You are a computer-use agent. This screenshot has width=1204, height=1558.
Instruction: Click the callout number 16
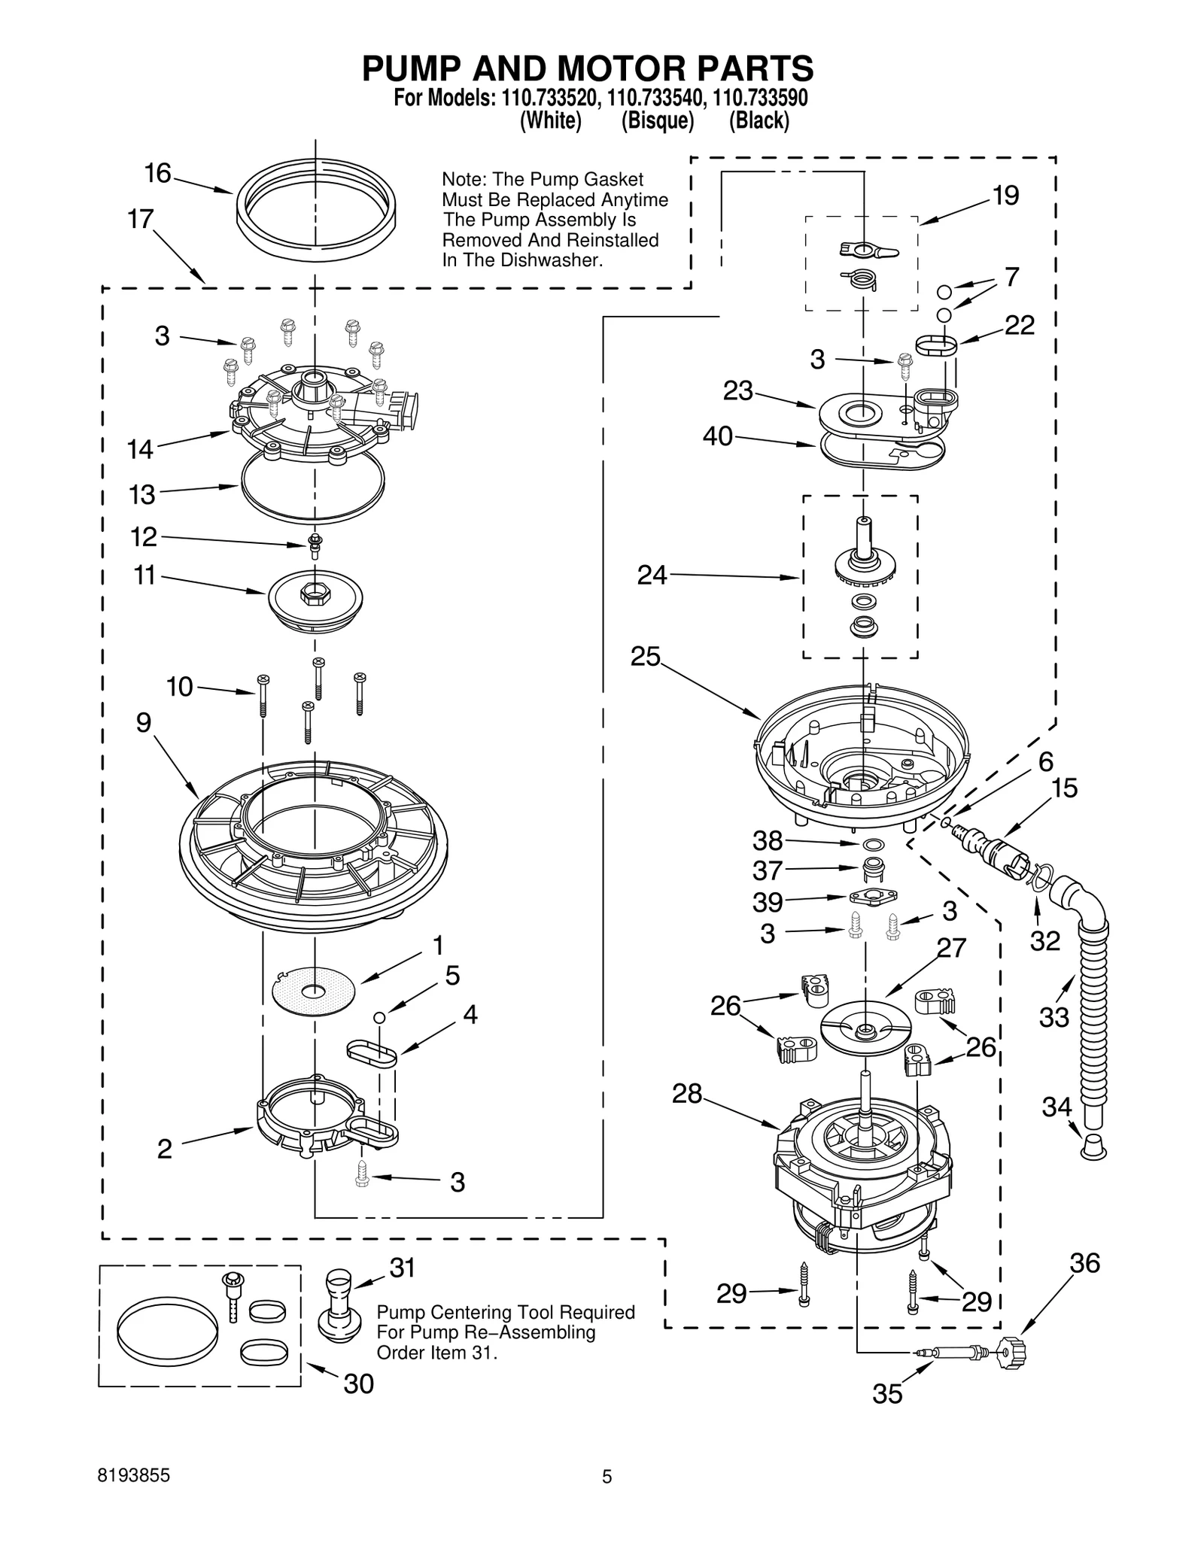point(158,174)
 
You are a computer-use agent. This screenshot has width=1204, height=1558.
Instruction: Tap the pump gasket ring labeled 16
point(316,242)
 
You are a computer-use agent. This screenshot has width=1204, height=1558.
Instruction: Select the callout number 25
point(645,657)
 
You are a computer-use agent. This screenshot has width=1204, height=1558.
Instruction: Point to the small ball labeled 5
point(380,1017)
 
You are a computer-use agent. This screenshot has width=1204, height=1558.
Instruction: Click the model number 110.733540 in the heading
point(655,98)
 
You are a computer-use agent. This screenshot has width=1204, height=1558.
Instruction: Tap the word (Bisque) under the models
point(657,120)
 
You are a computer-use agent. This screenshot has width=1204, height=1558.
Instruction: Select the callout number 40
point(717,436)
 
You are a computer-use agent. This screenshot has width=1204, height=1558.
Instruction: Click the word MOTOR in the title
point(618,68)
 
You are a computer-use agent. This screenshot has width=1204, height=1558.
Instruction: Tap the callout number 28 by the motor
point(686,1094)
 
